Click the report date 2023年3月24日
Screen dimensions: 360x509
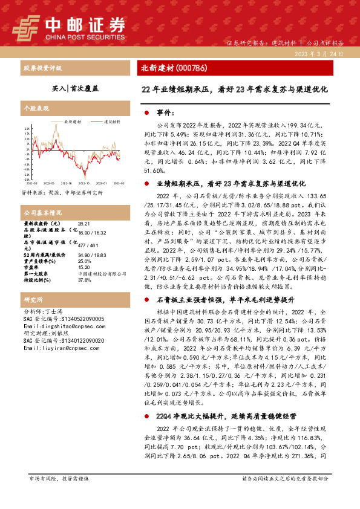tap(324, 54)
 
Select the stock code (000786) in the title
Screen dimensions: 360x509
tap(197, 68)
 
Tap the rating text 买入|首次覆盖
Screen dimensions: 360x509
tap(74, 88)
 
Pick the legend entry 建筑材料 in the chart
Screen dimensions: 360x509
tap(108, 122)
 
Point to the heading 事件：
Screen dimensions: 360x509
tap(165, 113)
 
